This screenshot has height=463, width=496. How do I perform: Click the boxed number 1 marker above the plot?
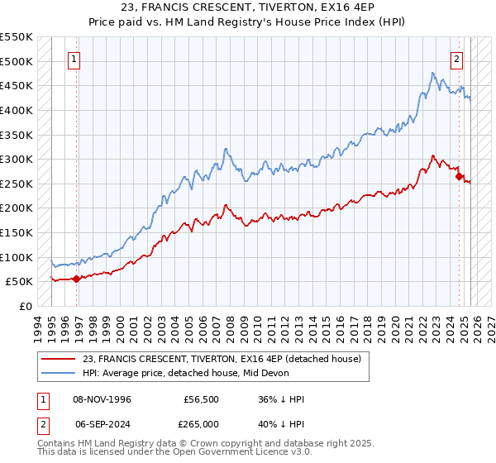(x=74, y=59)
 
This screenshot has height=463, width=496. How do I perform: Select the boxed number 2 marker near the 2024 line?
(x=457, y=59)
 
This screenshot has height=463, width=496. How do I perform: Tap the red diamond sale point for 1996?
(x=77, y=279)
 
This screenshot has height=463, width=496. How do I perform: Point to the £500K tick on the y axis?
(x=17, y=61)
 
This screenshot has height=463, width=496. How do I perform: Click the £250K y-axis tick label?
(x=17, y=184)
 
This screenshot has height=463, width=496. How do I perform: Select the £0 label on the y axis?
(x=25, y=306)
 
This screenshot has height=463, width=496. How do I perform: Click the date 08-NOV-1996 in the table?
(x=102, y=399)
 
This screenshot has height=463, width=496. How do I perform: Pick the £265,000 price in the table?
(x=200, y=423)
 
